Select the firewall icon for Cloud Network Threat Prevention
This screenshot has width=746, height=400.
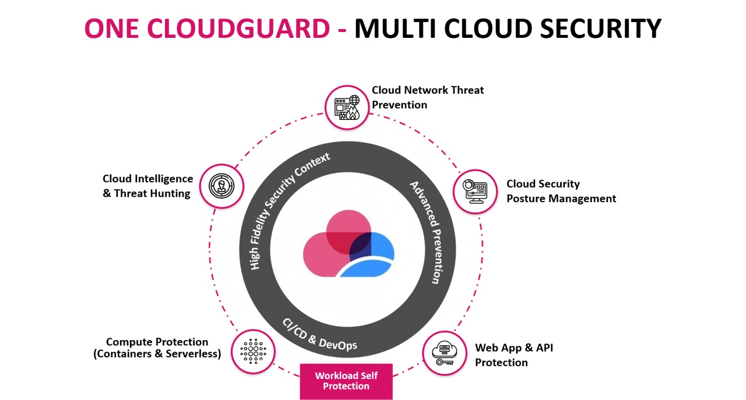tap(346, 107)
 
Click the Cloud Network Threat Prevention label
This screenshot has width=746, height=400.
tap(428, 97)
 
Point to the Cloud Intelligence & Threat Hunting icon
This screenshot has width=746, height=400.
tap(221, 186)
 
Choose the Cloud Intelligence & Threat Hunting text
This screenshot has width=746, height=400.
tap(147, 186)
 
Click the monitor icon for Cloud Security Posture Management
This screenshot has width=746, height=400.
tap(475, 191)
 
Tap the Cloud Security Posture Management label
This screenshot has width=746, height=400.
tap(561, 191)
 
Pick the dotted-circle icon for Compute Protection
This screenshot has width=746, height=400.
tap(253, 351)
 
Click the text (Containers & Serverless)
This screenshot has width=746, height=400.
tap(157, 354)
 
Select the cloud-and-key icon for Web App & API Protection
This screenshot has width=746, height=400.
tap(444, 353)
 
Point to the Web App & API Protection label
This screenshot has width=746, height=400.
tap(514, 355)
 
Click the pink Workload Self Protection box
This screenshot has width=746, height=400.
tap(346, 381)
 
